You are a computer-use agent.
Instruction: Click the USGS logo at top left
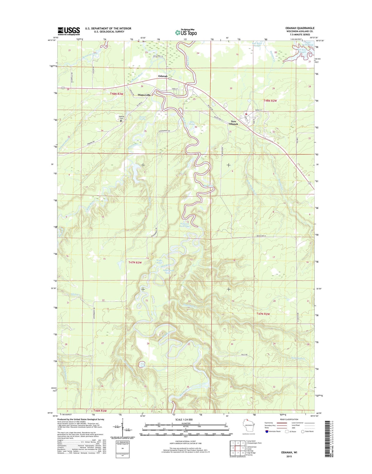(x=68, y=31)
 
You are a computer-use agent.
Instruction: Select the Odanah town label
(x=163, y=76)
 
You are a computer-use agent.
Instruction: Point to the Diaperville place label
(x=144, y=95)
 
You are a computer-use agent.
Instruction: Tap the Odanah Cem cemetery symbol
(x=121, y=120)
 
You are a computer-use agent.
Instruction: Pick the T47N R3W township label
(x=135, y=262)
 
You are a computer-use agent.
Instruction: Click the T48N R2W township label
(x=270, y=101)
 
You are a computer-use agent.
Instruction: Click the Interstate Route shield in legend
(x=267, y=438)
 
